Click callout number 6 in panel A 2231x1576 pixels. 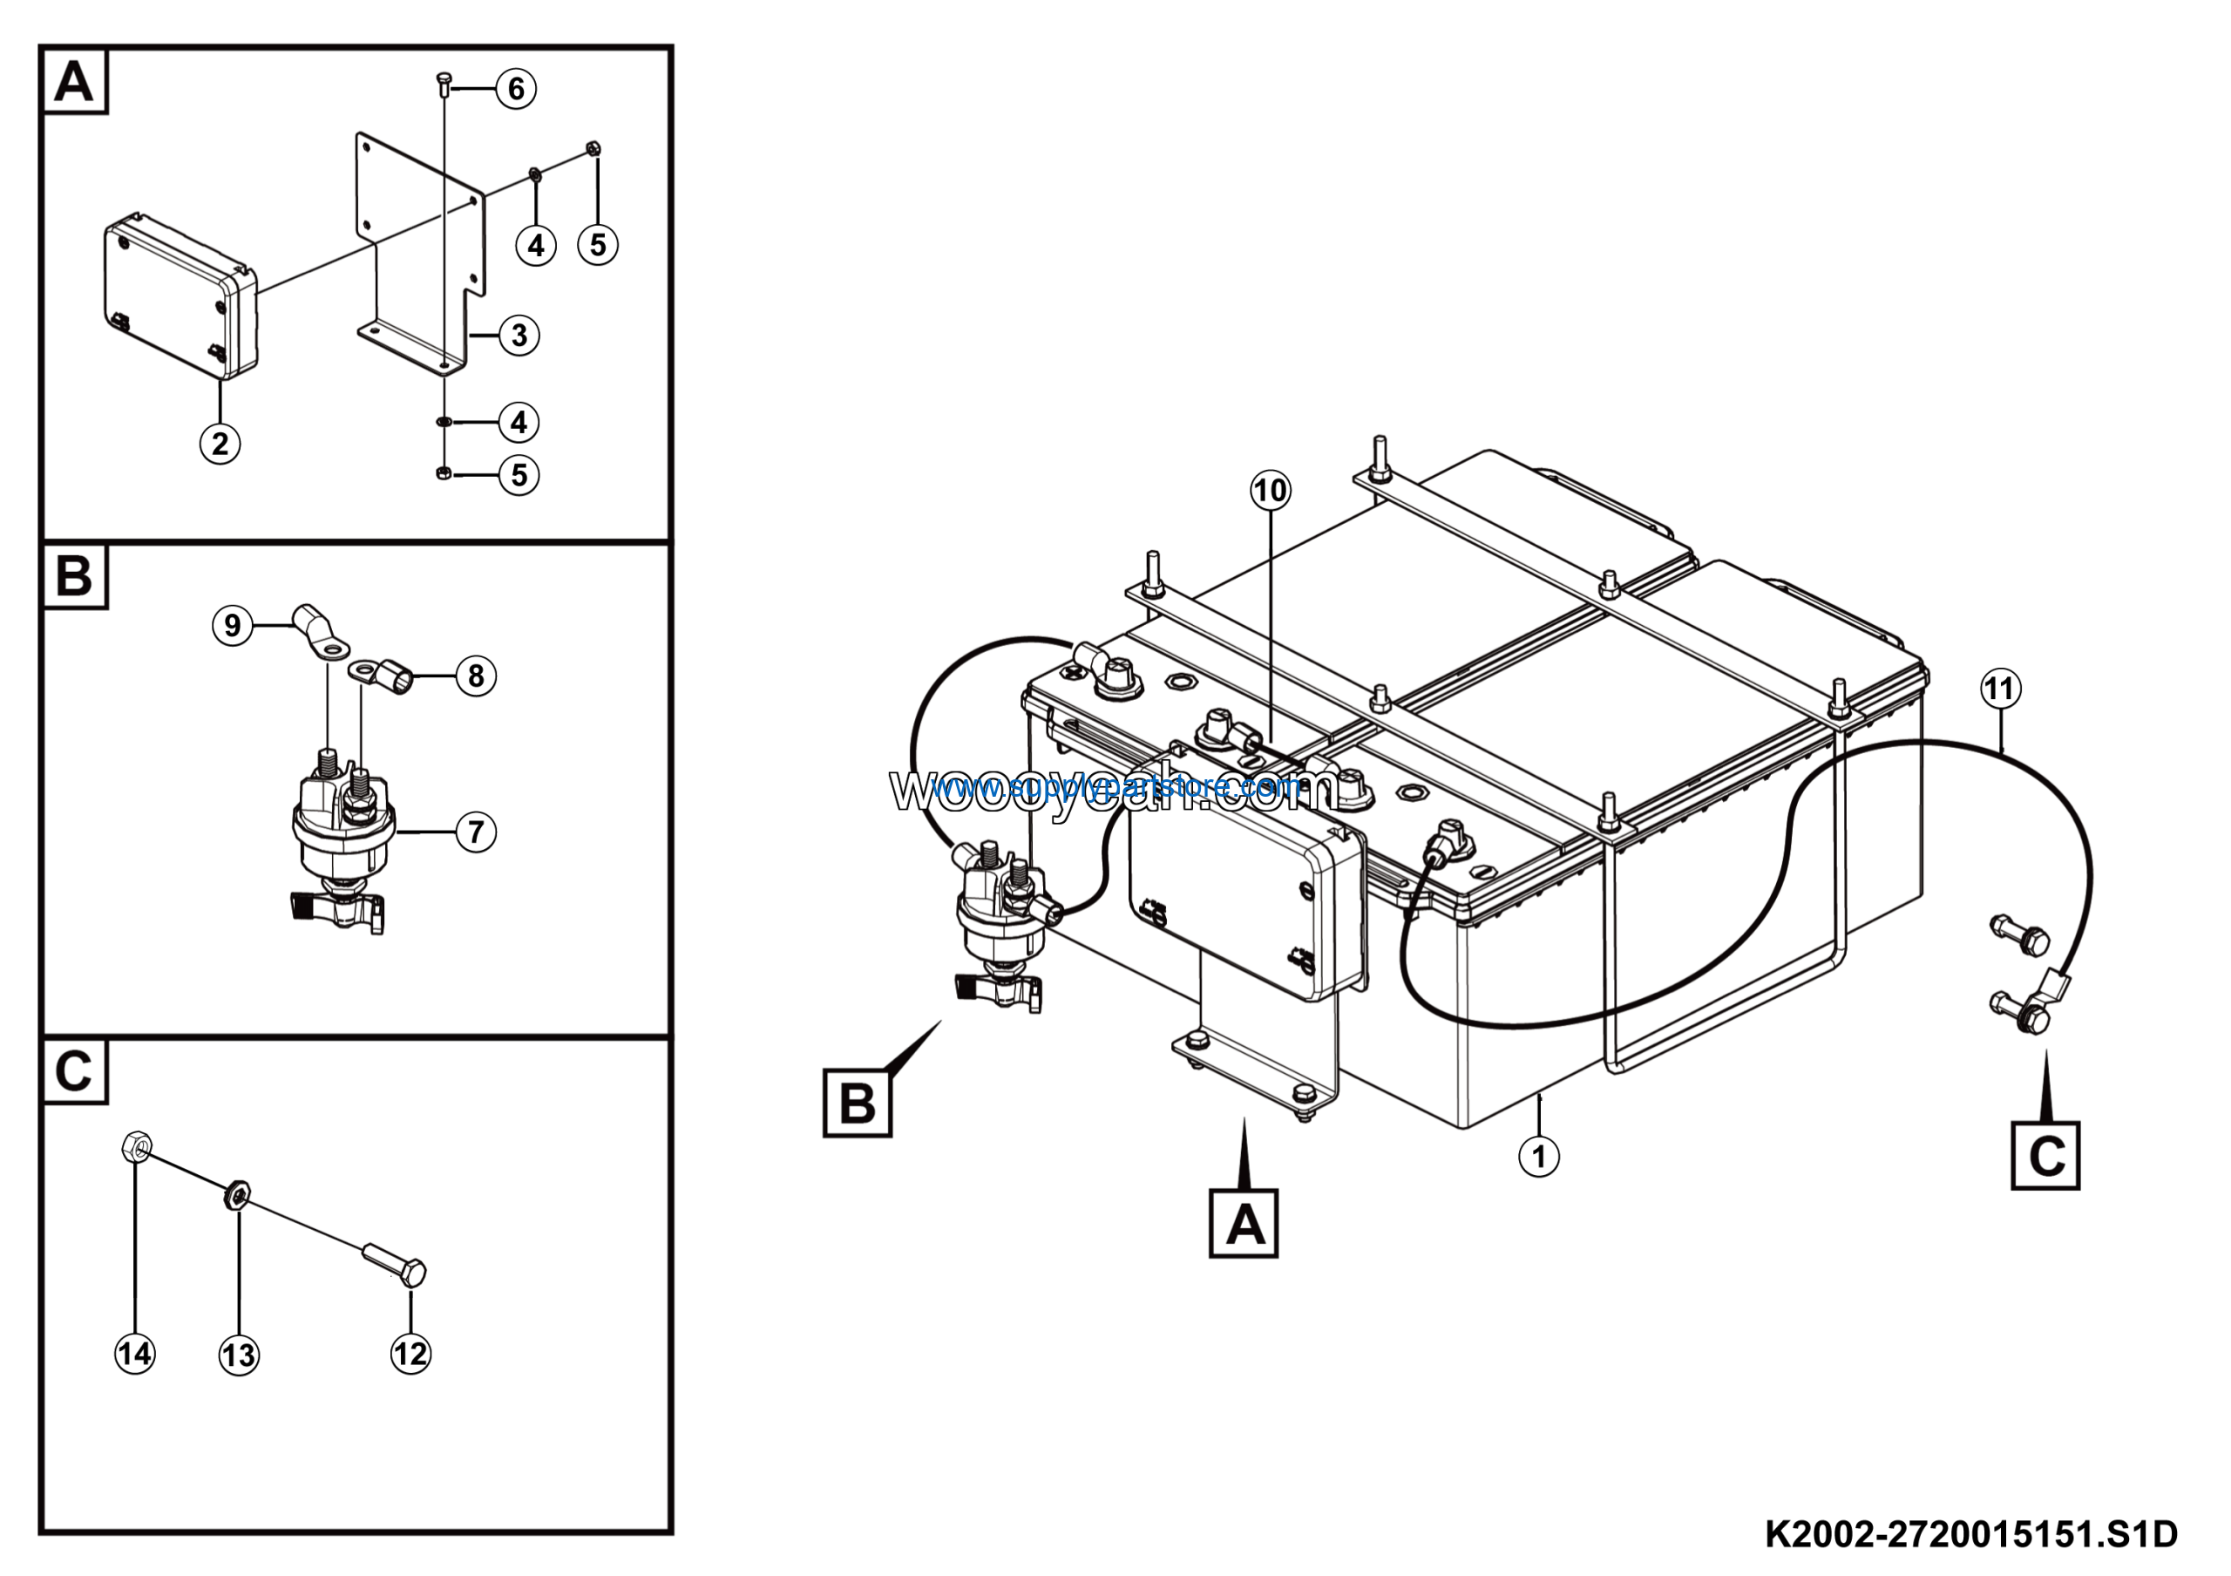click(x=516, y=90)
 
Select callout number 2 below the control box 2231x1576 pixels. click(x=220, y=444)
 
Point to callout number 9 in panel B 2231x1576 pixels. click(x=232, y=625)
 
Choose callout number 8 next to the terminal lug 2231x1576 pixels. click(x=475, y=676)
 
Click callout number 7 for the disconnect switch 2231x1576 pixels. click(x=475, y=832)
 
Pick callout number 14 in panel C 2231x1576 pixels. click(x=134, y=1354)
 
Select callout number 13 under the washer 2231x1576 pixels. click(x=239, y=1355)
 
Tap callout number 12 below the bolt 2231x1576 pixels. click(x=410, y=1354)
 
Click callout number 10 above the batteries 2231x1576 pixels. click(x=1270, y=491)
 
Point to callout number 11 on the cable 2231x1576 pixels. click(x=2000, y=689)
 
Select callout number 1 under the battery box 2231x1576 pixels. click(x=1538, y=1156)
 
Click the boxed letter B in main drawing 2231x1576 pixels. click(x=857, y=1103)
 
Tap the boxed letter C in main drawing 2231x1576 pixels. click(x=2045, y=1155)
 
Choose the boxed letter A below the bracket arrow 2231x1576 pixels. click(x=1244, y=1222)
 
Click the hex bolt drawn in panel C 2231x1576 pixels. click(x=397, y=1263)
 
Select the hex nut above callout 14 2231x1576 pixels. click(x=136, y=1146)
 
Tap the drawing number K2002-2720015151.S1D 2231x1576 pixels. click(x=1970, y=1534)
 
